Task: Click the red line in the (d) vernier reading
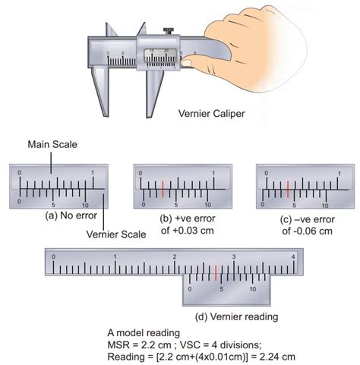coord(216,272)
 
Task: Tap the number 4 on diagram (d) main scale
coord(294,257)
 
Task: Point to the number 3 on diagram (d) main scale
coord(234,257)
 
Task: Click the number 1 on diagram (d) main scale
coord(115,257)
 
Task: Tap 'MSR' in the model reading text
coord(122,344)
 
